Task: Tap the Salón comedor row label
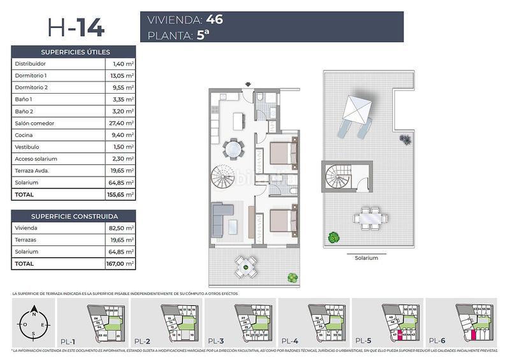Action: (35, 123)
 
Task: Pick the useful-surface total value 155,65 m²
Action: (119, 194)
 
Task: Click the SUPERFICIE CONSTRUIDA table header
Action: (74, 216)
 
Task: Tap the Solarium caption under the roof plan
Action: (367, 258)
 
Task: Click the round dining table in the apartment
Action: (234, 149)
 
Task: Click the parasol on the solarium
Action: (356, 112)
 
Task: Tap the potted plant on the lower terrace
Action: (292, 277)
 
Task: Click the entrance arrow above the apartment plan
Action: (249, 83)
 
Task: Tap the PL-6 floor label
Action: (437, 340)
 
